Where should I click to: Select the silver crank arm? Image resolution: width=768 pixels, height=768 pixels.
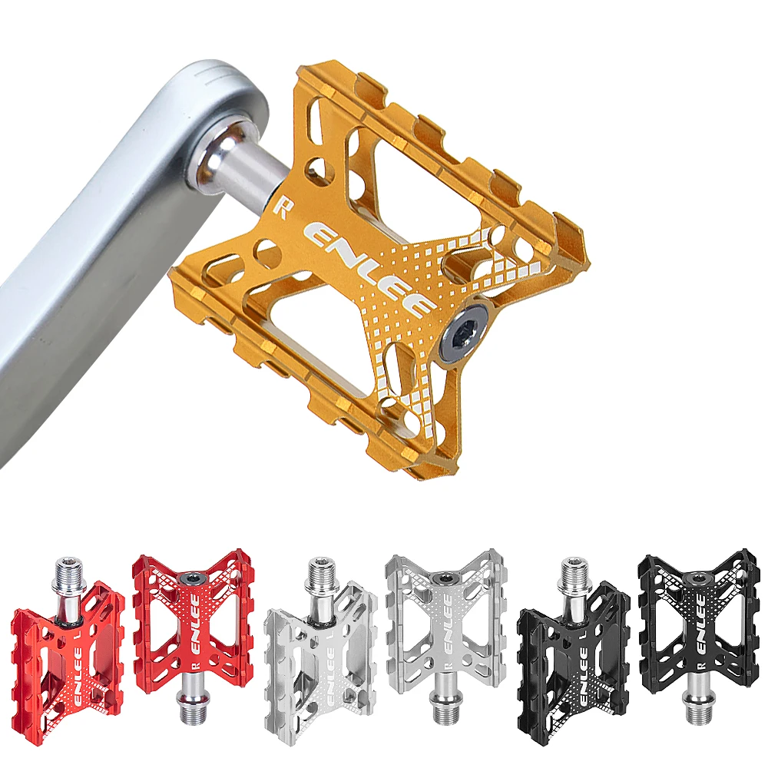[100, 253]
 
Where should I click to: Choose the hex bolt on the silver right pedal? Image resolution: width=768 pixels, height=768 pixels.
[444, 578]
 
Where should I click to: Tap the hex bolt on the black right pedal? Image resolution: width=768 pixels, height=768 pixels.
[697, 578]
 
